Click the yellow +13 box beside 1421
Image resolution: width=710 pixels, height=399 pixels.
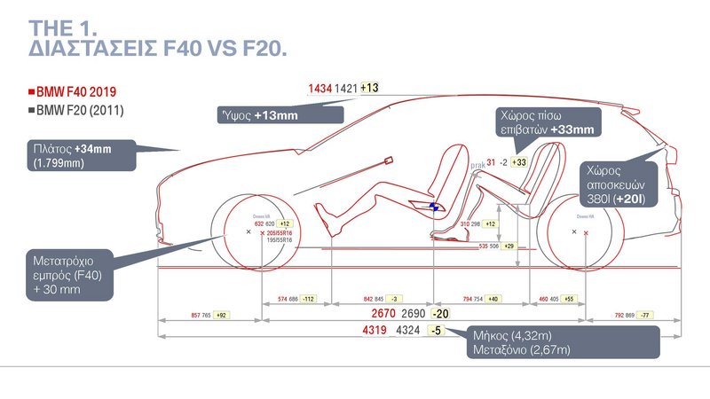click(370, 88)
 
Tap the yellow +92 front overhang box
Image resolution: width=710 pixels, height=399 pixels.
click(222, 315)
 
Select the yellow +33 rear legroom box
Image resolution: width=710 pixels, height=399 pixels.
click(519, 162)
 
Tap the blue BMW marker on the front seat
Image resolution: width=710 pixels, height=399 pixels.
click(435, 206)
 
